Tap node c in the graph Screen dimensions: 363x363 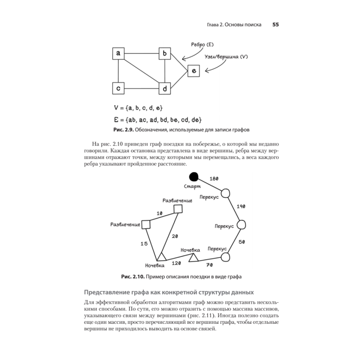click(118, 88)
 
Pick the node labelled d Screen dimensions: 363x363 click(165, 88)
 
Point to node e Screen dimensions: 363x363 click(193, 72)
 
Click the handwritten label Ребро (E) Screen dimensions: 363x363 click(202, 44)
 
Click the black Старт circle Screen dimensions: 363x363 click(194, 177)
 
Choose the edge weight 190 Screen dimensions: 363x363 click(241, 206)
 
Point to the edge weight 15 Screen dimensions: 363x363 click(144, 244)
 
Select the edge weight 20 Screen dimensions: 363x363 click(175, 236)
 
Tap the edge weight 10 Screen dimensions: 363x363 click(159, 213)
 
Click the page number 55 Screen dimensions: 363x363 click(276, 25)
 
